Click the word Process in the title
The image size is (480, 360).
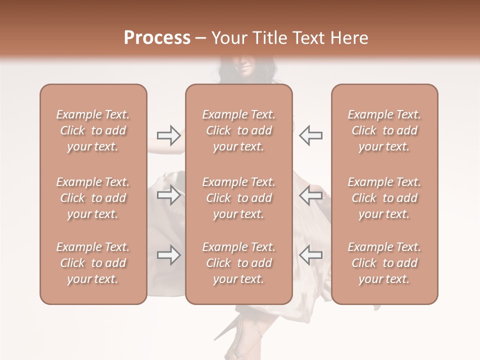click(x=157, y=38)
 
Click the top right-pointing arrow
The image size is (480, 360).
click(x=169, y=135)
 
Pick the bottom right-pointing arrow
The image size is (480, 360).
click(x=169, y=255)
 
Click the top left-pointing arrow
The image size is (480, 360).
click(x=310, y=135)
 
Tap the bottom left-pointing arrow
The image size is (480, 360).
click(x=310, y=255)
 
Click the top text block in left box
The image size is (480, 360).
click(x=93, y=130)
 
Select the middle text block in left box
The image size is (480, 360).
click(x=93, y=198)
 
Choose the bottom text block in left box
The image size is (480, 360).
click(x=93, y=263)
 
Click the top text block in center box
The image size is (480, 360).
click(x=239, y=130)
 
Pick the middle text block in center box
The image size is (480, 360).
click(x=239, y=198)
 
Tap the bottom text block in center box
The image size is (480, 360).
click(x=239, y=263)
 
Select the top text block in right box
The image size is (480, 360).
click(x=384, y=130)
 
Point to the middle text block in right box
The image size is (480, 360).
click(x=384, y=198)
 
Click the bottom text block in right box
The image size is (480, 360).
click(x=384, y=263)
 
